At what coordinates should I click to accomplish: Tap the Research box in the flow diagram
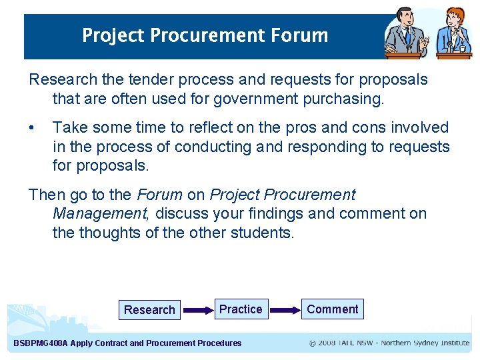click(x=149, y=310)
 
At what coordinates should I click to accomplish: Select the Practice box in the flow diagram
click(x=241, y=309)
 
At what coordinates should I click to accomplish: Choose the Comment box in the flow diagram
click(x=333, y=309)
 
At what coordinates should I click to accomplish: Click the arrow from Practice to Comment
click(x=286, y=310)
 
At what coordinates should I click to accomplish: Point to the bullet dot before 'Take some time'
click(x=33, y=127)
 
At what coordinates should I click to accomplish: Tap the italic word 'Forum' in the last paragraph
click(x=159, y=195)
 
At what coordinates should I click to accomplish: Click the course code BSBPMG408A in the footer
click(x=41, y=343)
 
